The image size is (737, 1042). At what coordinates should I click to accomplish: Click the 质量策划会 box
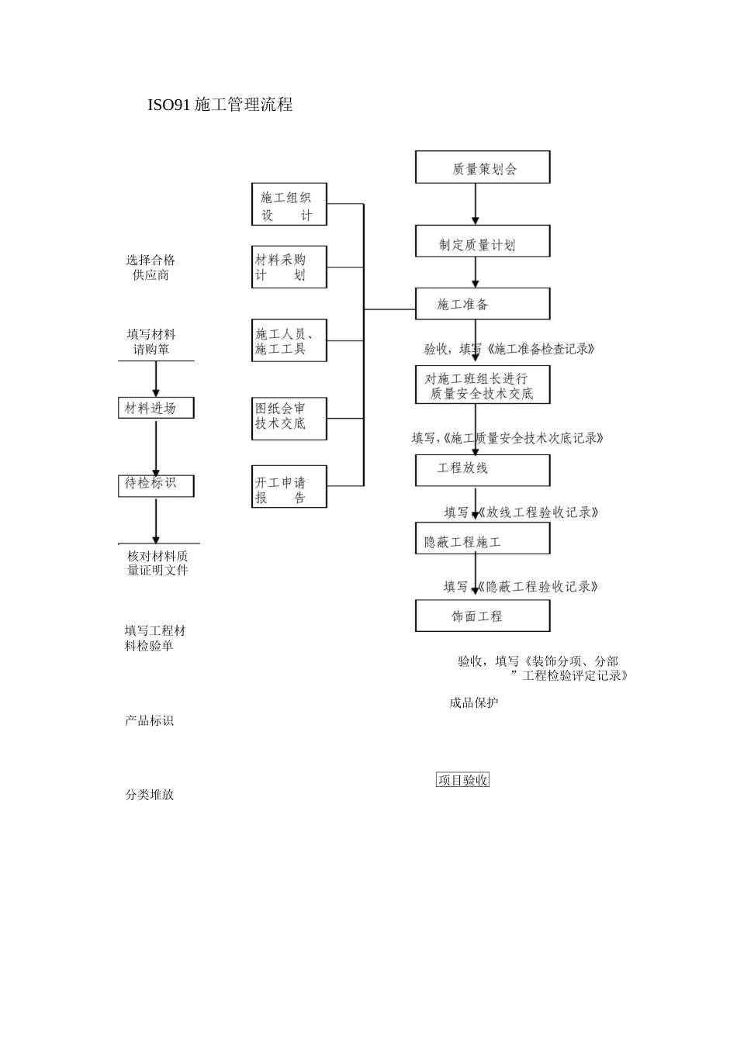483,167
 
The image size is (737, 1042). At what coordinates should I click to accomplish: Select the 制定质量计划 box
483,242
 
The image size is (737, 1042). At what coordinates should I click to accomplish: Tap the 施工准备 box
483,304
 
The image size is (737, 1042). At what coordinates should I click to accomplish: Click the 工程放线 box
483,470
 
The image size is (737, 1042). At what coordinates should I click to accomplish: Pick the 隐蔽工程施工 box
483,539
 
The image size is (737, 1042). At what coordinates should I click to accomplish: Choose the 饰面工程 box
483,616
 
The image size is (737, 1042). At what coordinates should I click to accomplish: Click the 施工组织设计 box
289,205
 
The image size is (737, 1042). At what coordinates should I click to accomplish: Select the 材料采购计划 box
289,267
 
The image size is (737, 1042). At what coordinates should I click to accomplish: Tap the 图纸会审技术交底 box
289,419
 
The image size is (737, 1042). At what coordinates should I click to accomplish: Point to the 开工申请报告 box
289,487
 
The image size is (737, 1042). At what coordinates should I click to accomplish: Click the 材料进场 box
155,408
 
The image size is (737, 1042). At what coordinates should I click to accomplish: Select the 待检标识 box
155,485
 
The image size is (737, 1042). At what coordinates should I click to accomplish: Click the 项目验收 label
462,781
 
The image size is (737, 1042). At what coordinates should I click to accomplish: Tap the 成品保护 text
473,703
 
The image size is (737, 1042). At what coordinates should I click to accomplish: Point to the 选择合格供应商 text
151,267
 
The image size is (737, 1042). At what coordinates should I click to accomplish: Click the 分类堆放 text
150,795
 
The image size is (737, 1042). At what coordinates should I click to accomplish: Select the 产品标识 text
149,720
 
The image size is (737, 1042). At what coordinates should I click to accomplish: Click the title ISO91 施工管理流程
220,105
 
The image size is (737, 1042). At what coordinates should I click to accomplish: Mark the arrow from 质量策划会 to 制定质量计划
476,205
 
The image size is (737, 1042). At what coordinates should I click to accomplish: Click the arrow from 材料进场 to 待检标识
156,447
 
